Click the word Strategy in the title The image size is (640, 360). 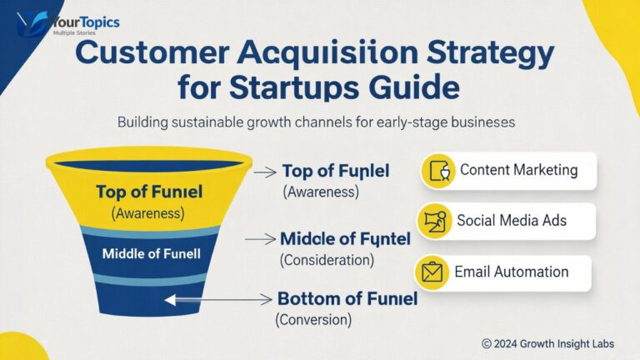coord(478,56)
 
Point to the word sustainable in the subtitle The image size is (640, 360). coord(208,122)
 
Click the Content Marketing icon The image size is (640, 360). coord(438,171)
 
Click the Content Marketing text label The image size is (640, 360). coord(518,170)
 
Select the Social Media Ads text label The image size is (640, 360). coord(512,221)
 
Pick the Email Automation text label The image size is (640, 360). coord(511,272)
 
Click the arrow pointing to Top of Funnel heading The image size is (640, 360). coord(264,172)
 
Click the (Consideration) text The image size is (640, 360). coord(327,260)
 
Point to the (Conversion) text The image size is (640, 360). coord(313,319)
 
